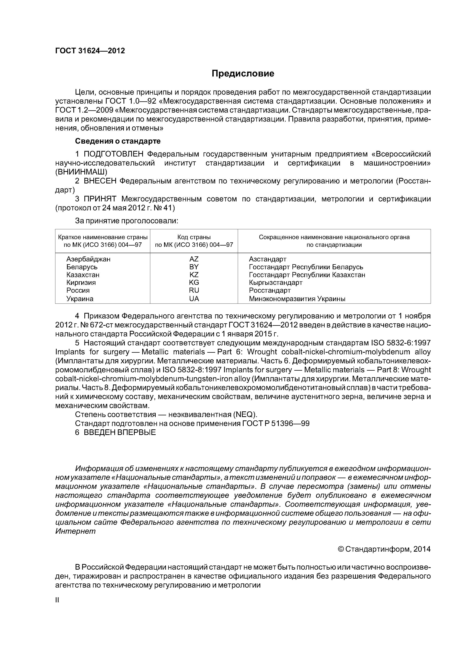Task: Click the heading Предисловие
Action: (x=243, y=74)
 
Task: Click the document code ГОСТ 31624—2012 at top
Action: (x=90, y=51)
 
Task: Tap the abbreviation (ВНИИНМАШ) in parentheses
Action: (x=81, y=172)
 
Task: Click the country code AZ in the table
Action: (x=194, y=259)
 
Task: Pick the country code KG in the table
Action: (x=194, y=283)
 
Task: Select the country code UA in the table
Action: (x=194, y=299)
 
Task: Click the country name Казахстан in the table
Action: (x=83, y=275)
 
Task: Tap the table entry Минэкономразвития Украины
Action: (x=297, y=299)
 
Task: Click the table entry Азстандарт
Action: (x=268, y=259)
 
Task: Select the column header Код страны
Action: (x=194, y=237)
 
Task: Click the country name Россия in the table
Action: (x=78, y=290)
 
